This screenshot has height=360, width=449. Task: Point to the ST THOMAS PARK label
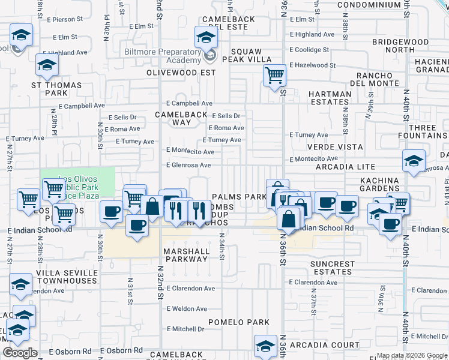56,89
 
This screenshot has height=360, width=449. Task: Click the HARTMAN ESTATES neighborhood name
330,98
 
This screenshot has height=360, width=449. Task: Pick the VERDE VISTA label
335,147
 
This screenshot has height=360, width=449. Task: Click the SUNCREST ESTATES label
333,268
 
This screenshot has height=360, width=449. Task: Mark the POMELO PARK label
239,322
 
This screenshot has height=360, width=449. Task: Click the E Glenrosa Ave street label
188,166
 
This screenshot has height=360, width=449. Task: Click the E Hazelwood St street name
312,65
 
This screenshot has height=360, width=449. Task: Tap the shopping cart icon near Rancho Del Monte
274,76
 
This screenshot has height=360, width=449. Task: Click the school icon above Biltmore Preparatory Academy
206,38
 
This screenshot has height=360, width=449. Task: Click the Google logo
20,353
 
